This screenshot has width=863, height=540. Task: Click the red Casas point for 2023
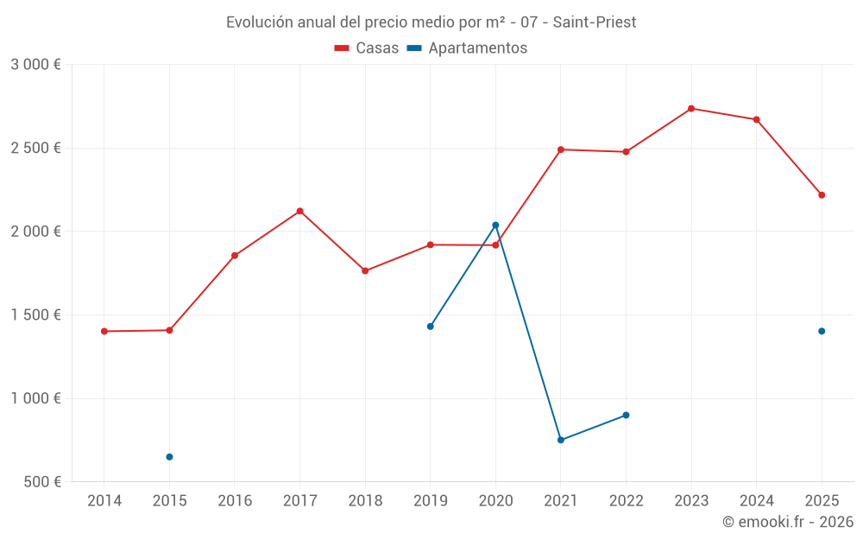(x=691, y=109)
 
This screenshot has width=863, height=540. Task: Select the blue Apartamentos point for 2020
(x=495, y=226)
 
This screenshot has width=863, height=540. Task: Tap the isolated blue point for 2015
(x=169, y=457)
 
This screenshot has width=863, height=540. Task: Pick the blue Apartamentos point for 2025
(x=822, y=331)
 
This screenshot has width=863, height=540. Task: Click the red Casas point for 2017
(x=299, y=211)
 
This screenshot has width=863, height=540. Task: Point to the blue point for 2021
(x=561, y=440)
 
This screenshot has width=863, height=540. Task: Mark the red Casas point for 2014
(x=104, y=331)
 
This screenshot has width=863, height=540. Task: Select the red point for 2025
(x=822, y=195)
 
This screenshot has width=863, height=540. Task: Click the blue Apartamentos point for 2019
(x=431, y=327)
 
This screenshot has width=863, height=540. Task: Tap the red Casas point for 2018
(x=365, y=271)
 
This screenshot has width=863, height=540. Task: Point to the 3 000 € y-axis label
(x=35, y=65)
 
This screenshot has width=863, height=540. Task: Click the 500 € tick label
(x=41, y=482)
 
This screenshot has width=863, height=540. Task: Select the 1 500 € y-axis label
(x=35, y=315)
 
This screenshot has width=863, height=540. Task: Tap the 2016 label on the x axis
(x=235, y=501)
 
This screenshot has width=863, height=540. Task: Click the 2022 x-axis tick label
(x=626, y=501)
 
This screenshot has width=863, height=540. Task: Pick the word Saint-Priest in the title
(x=595, y=22)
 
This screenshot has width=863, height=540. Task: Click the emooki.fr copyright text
(x=787, y=522)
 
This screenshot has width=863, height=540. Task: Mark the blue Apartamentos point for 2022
(x=626, y=416)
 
